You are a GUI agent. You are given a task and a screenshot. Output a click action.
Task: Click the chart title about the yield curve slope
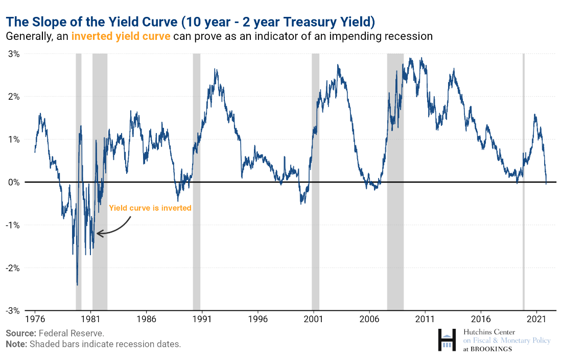coord(191,21)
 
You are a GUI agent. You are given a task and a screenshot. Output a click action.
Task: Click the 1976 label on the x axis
coord(35,318)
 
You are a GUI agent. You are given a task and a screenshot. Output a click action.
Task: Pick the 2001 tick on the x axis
coord(313,318)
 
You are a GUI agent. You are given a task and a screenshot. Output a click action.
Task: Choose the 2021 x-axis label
coord(536,318)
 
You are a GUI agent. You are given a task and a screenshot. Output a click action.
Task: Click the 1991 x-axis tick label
coord(202,318)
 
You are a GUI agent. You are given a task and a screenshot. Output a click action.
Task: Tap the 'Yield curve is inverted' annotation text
coord(150,208)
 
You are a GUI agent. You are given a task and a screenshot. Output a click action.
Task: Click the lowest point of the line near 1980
coord(77,284)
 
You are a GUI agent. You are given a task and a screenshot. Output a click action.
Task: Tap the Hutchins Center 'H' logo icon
coord(447,340)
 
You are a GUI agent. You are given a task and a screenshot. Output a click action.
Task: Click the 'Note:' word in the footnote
coord(16,344)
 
